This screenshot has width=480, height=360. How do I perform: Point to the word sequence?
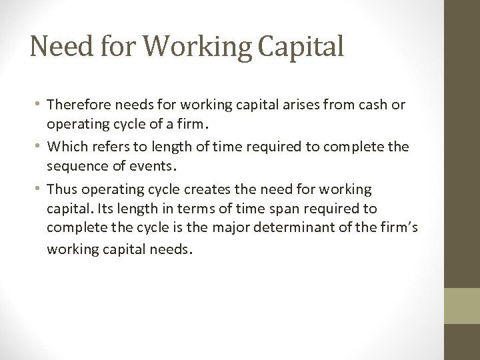point(75,165)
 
